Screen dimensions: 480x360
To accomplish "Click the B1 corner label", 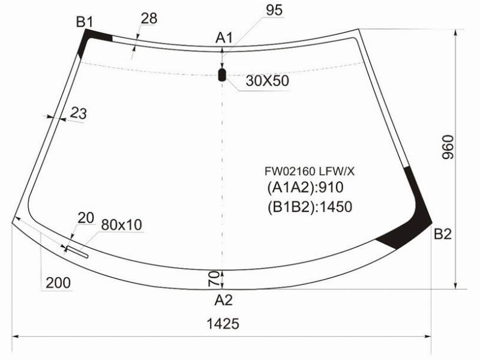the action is tap(84, 22).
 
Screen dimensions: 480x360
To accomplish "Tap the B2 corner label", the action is tap(443, 234).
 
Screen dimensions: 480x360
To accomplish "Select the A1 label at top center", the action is tap(224, 38).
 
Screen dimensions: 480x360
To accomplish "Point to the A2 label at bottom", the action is tap(223, 300).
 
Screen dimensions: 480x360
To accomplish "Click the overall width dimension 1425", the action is tap(223, 323).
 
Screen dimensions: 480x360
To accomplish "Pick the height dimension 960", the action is tap(448, 147).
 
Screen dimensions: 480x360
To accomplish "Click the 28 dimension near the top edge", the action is tap(149, 19).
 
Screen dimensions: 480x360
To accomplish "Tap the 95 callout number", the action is tap(274, 10).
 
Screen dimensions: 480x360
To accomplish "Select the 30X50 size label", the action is tap(267, 81).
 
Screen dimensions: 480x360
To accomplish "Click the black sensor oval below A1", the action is tap(221, 75).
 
